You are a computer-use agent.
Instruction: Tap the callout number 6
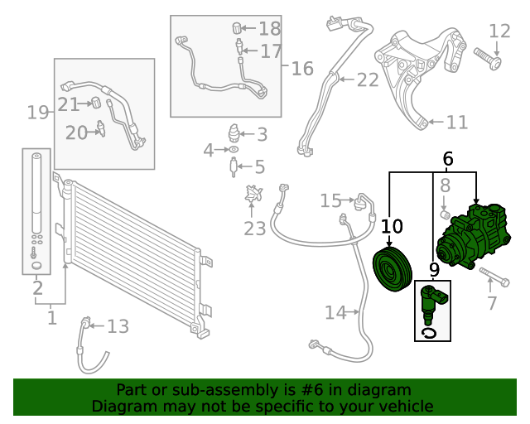[x=448, y=158]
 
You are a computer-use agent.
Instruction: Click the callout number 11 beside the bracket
[x=456, y=123]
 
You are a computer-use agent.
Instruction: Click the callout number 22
[x=367, y=79]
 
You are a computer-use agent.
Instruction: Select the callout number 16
[x=302, y=68]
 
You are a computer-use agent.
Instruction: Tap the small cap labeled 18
[x=237, y=29]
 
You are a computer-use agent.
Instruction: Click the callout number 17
[x=271, y=51]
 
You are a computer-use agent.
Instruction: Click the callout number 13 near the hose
[x=118, y=326]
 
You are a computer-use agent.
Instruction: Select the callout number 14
[x=335, y=313]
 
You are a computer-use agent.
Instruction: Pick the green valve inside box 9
[x=431, y=304]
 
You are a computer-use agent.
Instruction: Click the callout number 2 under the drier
[x=37, y=289]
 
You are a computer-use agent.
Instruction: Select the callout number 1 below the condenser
[x=52, y=316]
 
